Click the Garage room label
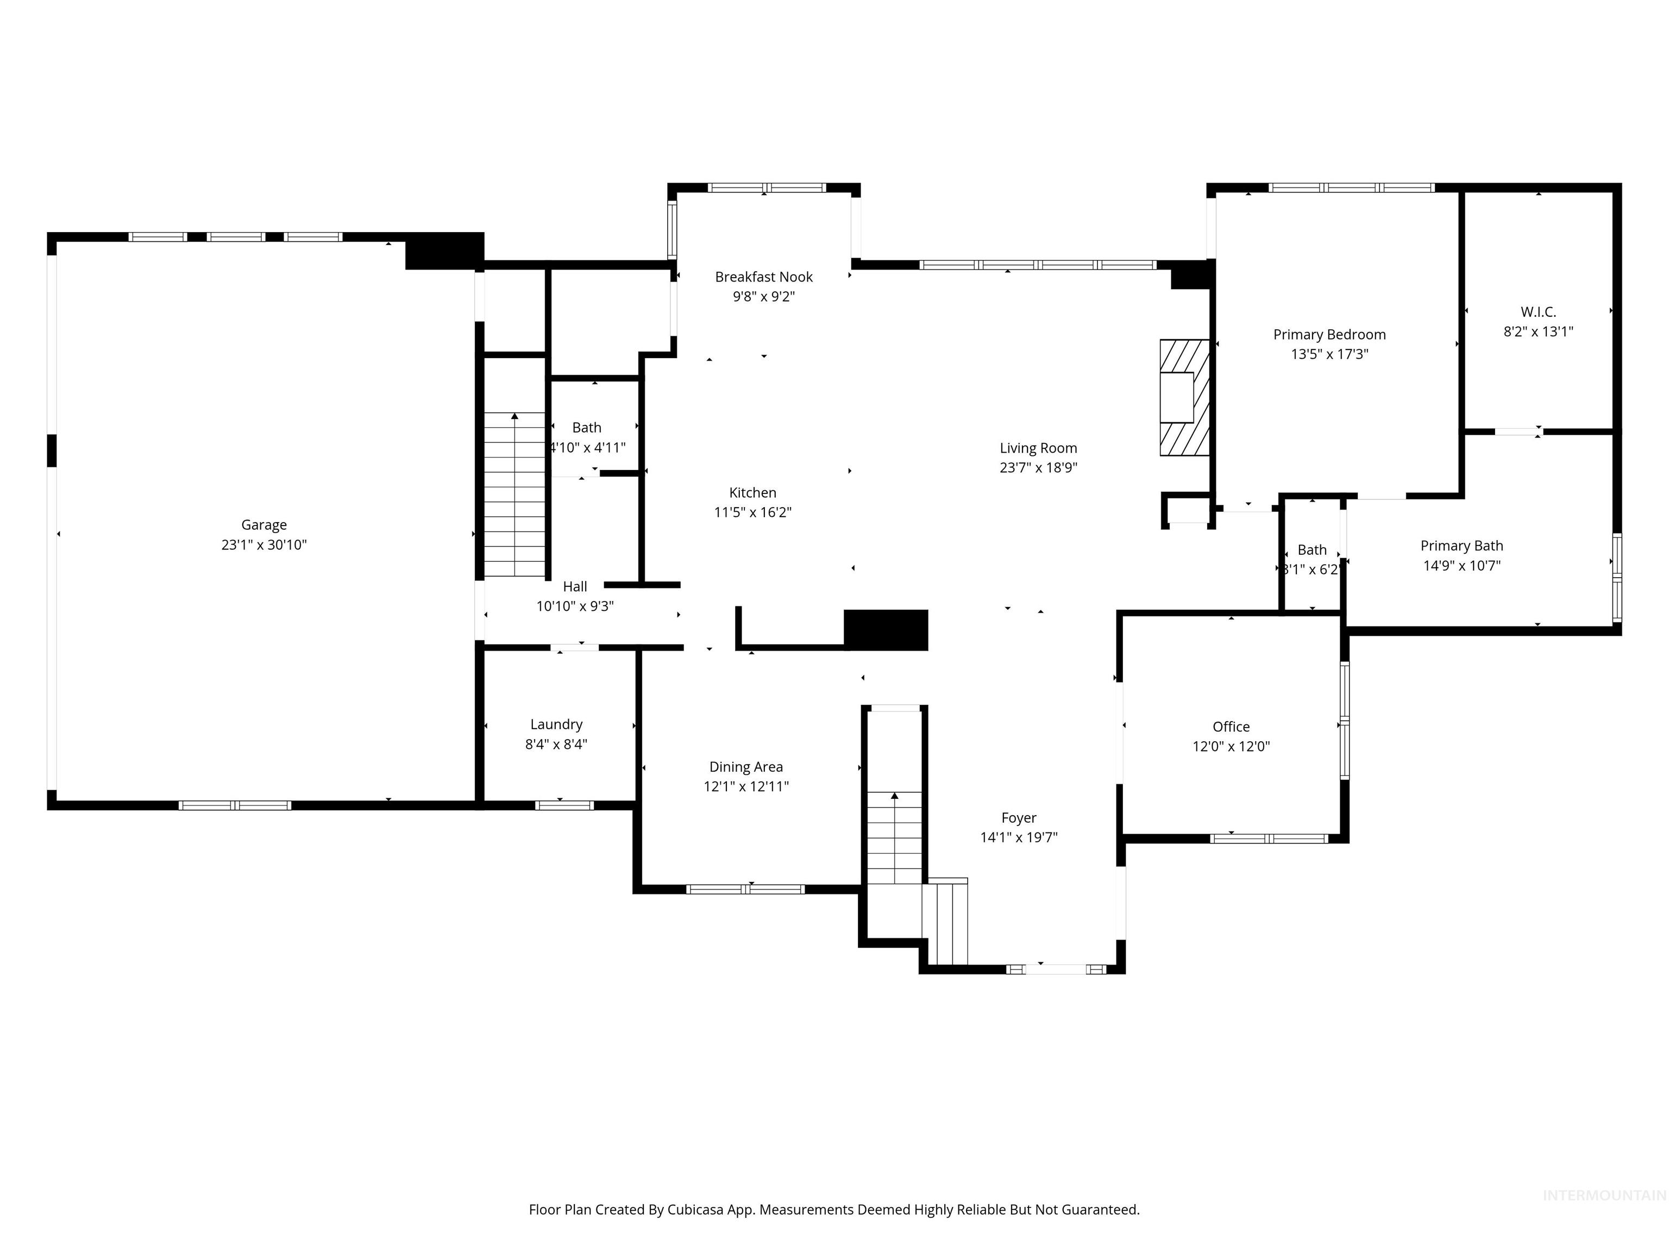tap(263, 524)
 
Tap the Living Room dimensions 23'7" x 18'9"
tap(1038, 468)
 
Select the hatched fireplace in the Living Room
tap(1184, 398)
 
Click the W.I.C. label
tap(1538, 312)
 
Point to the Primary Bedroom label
tap(1329, 334)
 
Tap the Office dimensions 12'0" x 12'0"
tap(1231, 747)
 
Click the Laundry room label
tap(556, 724)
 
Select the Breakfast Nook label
tap(763, 277)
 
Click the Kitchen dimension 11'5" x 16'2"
tap(752, 512)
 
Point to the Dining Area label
tap(745, 767)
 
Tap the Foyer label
tap(1019, 817)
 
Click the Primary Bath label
tap(1461, 546)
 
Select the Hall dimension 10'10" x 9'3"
tap(575, 606)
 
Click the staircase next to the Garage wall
tap(514, 494)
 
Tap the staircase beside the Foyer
tap(894, 838)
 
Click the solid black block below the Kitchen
tap(885, 629)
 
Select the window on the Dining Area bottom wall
tap(745, 889)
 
